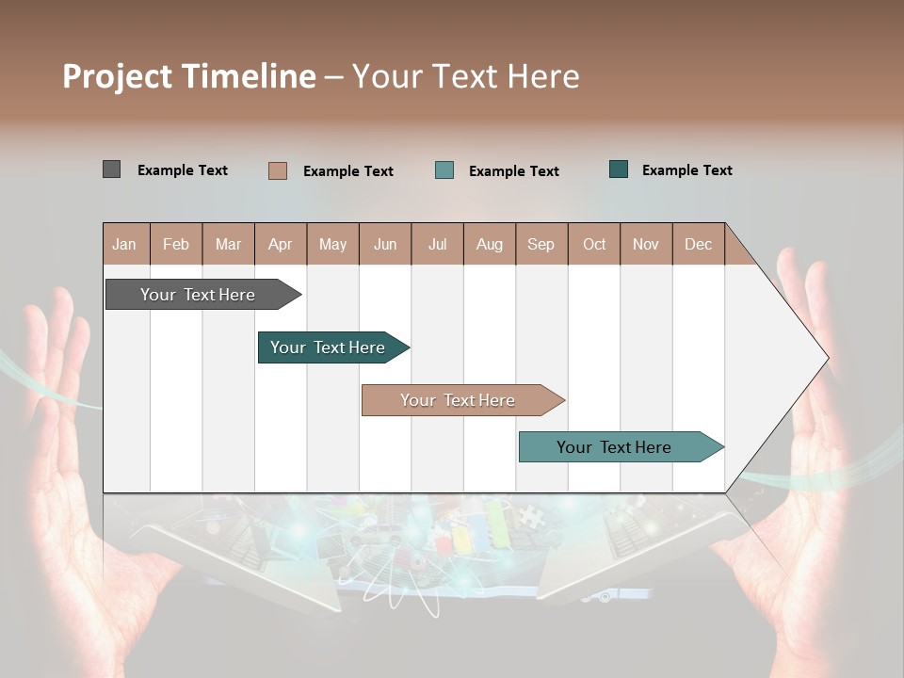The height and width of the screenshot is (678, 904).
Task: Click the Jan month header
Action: coord(125,244)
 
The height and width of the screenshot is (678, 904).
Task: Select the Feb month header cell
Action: coord(176,244)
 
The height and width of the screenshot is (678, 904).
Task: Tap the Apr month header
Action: coord(281,244)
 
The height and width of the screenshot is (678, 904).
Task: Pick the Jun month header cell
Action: coord(385,244)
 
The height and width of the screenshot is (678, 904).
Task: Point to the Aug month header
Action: coord(490,244)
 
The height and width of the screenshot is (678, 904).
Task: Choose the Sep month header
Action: coord(541,244)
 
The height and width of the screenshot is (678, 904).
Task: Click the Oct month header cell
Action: coord(594,244)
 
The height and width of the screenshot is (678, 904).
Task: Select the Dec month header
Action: coord(699,244)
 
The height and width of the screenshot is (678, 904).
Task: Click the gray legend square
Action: coord(111,169)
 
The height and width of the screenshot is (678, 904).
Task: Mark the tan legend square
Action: coord(278,170)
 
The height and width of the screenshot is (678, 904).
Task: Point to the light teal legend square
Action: coord(444,170)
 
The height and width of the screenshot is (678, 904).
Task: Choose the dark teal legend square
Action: coord(619,169)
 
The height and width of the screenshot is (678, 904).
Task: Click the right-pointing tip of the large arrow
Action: coord(824,358)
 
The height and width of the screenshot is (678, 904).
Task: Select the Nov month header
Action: coord(646,244)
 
